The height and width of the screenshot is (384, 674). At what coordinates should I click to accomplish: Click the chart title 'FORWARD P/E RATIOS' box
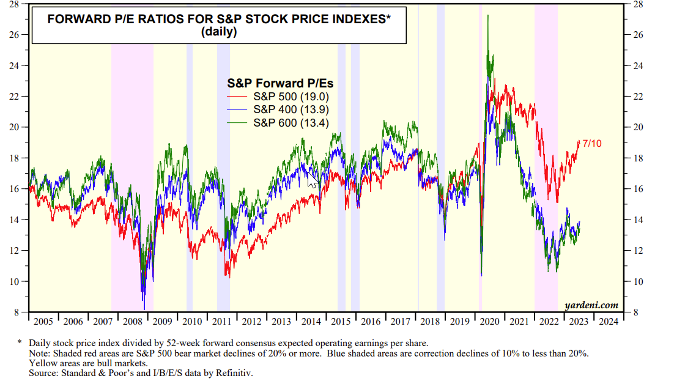[218, 25]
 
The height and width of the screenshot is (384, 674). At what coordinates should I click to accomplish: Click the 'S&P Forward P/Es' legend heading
[280, 83]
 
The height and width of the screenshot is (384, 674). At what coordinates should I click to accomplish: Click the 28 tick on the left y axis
[15, 4]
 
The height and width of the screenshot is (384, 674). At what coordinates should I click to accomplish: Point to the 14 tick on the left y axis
[15, 220]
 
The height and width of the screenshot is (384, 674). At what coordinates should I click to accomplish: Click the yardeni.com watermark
[591, 305]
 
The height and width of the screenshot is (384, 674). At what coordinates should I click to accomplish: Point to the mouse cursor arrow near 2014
[313, 180]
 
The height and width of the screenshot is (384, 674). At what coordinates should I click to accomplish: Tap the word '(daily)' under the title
[218, 32]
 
